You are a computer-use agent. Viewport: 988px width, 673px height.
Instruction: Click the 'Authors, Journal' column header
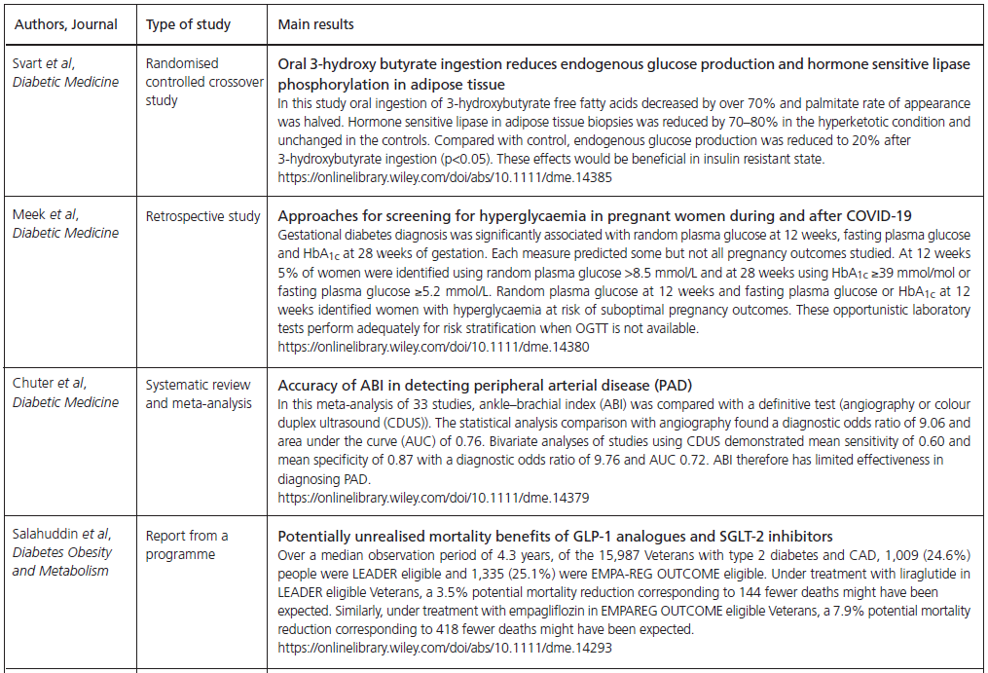pyautogui.click(x=65, y=23)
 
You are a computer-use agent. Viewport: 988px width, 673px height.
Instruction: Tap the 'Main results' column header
pyautogui.click(x=315, y=23)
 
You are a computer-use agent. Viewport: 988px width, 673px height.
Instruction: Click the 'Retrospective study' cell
pyautogui.click(x=202, y=215)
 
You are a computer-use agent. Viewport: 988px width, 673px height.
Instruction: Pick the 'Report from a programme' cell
pyautogui.click(x=187, y=543)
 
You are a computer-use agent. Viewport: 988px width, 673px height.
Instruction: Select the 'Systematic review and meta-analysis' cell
pyautogui.click(x=198, y=393)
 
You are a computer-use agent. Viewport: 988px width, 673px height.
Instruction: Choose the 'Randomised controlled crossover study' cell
pyautogui.click(x=204, y=82)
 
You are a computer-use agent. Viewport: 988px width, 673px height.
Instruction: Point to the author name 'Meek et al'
pyautogui.click(x=45, y=215)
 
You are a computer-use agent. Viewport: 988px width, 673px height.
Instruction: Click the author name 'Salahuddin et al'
pyautogui.click(x=61, y=535)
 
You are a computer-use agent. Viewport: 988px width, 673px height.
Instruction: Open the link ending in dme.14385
pyautogui.click(x=445, y=178)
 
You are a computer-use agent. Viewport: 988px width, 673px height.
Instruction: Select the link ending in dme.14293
pyautogui.click(x=445, y=647)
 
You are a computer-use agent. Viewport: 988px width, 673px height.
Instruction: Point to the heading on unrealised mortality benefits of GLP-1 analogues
pyautogui.click(x=555, y=536)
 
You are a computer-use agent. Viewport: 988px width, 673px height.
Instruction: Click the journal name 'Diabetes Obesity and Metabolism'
pyautogui.click(x=61, y=561)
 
